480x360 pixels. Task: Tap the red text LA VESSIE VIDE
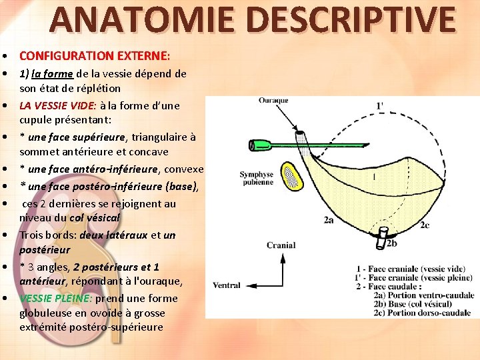click(x=58, y=105)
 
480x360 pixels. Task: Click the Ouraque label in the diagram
click(x=273, y=101)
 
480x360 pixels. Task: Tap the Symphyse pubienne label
click(x=256, y=179)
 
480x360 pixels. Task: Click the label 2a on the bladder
click(x=329, y=219)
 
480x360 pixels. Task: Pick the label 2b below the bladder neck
click(x=392, y=244)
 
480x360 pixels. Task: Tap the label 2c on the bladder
click(x=425, y=225)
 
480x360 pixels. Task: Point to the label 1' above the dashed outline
click(x=380, y=105)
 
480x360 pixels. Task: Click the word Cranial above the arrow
click(x=281, y=245)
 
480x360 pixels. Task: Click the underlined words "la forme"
click(x=53, y=73)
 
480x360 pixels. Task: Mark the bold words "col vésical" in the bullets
click(x=95, y=218)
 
